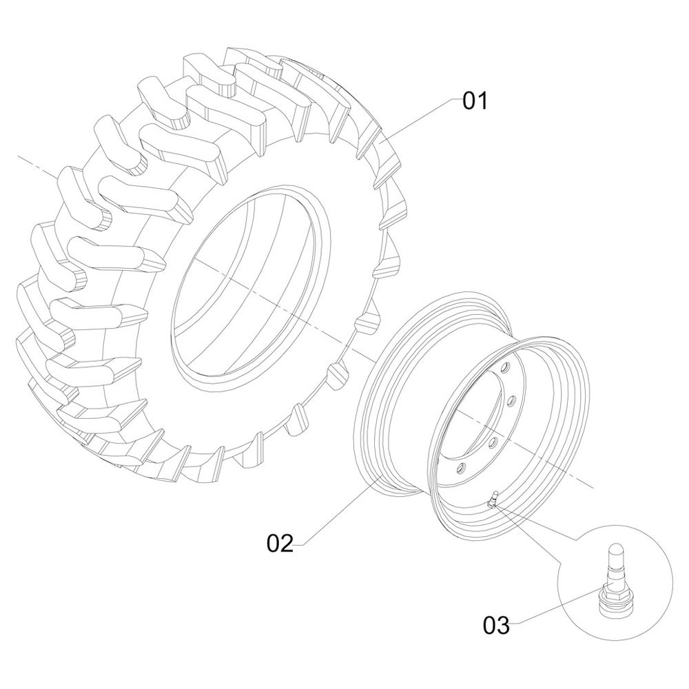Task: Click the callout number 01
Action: tap(475, 101)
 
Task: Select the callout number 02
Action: tap(280, 543)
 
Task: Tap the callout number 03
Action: tap(496, 626)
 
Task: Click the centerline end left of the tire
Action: tap(20, 158)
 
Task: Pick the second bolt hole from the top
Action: tap(514, 400)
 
